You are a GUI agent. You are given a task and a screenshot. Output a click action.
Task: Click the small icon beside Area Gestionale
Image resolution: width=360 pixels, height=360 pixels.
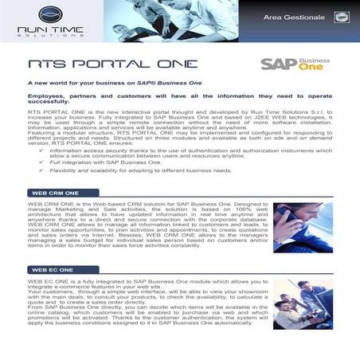click(x=341, y=16)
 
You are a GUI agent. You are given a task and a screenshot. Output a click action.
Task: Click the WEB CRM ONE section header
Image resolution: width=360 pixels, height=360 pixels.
click(x=53, y=193)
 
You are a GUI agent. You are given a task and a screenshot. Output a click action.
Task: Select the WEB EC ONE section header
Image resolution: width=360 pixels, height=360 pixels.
click(x=50, y=271)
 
